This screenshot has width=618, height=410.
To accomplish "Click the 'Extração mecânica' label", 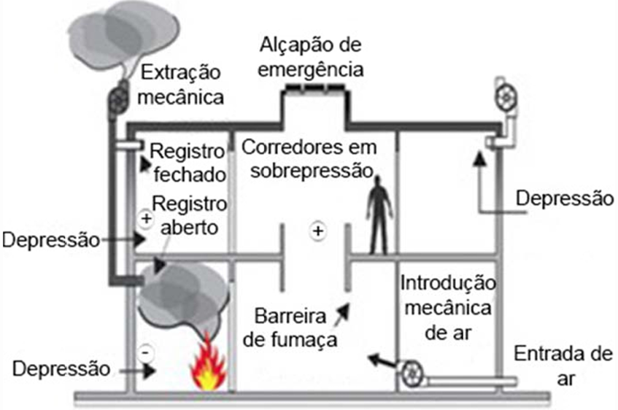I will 182,84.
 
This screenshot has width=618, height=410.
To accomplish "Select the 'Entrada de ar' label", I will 563,365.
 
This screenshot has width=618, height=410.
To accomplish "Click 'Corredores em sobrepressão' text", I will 310,157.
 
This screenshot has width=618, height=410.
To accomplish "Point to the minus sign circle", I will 146,352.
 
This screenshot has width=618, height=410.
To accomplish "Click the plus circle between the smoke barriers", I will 317,231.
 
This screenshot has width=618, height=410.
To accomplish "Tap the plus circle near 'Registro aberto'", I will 146,217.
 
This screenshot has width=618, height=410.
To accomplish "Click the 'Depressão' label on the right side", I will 564,198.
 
